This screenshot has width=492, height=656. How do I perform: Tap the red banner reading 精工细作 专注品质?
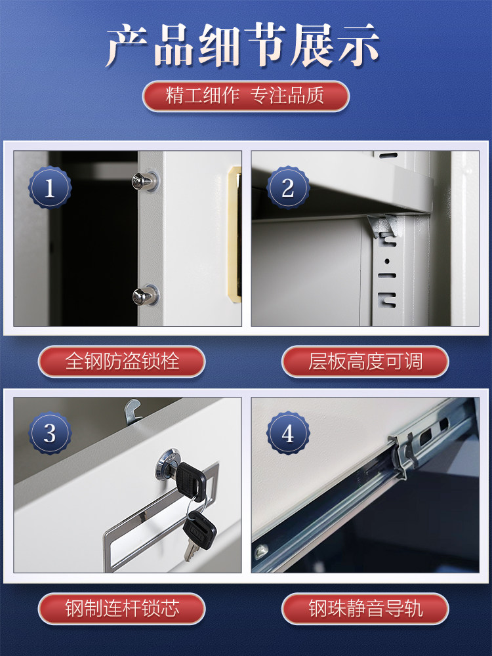tap(245, 96)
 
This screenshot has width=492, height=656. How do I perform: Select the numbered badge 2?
tap(287, 188)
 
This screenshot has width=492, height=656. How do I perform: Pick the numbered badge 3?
tap(50, 434)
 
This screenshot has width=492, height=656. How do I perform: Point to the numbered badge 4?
tap(287, 434)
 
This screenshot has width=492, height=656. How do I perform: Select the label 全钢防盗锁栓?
tap(122, 361)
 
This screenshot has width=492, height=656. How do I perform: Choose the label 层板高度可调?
tap(365, 361)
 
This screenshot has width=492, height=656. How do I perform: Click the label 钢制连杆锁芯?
tap(122, 608)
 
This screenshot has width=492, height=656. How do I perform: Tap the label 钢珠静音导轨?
tap(365, 608)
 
